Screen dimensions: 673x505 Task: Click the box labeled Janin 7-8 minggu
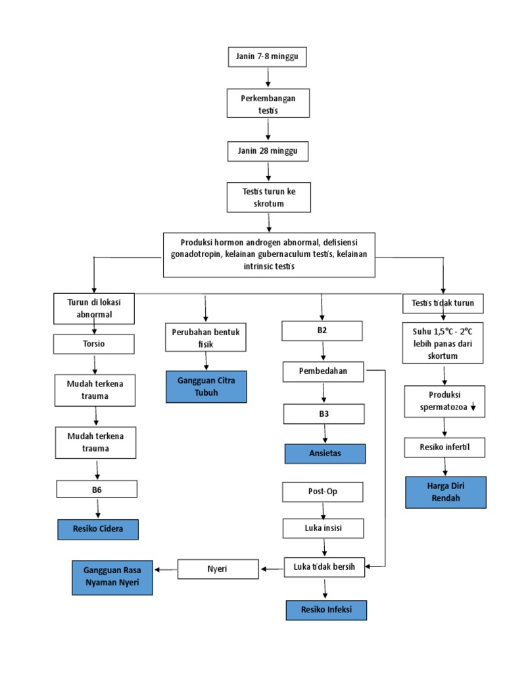tap(267, 57)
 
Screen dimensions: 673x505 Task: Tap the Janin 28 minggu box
tap(268, 151)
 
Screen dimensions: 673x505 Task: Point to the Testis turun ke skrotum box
tap(268, 198)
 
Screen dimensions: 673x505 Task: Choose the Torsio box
tap(95, 344)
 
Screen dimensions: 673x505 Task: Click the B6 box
tap(97, 488)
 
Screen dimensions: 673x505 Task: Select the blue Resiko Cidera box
tap(97, 529)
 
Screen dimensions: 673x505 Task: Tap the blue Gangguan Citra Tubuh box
tap(206, 386)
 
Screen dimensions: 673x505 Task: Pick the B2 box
tap(322, 331)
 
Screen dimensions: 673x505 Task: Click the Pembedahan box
tap(324, 372)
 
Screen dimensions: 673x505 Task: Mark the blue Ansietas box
tap(324, 453)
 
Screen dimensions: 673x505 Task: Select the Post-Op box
tap(323, 491)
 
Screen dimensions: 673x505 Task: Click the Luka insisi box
tap(324, 528)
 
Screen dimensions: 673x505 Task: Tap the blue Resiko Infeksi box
tap(325, 610)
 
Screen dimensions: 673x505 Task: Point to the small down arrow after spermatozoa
tap(473, 408)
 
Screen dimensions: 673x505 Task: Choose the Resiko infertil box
tap(445, 448)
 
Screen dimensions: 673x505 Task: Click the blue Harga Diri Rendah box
tap(446, 492)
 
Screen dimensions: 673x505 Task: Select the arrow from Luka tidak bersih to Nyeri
tap(272, 569)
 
